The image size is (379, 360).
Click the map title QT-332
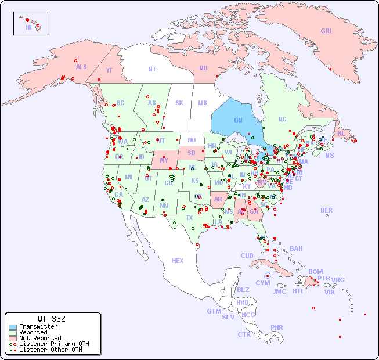(x=52, y=319)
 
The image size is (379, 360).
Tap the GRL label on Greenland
(x=327, y=31)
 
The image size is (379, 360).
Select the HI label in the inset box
(x=28, y=27)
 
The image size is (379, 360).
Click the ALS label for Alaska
(x=81, y=67)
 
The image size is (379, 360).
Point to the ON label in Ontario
(x=238, y=120)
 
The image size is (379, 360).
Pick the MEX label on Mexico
(x=178, y=261)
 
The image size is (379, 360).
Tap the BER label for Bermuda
(x=327, y=210)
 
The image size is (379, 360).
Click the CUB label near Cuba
(x=247, y=255)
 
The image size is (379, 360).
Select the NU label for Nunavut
(x=203, y=68)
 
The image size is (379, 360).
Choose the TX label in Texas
(x=189, y=218)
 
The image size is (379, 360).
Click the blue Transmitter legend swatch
(x=12, y=327)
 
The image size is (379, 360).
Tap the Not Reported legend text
(x=39, y=338)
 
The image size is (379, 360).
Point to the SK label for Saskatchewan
(x=179, y=103)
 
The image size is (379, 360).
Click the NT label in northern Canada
(x=152, y=69)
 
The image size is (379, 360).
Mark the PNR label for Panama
(x=277, y=327)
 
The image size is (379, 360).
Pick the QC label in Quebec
(x=282, y=119)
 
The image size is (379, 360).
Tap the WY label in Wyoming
(x=164, y=160)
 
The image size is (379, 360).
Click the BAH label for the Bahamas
(x=296, y=249)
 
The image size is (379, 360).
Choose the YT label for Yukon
(x=109, y=70)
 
